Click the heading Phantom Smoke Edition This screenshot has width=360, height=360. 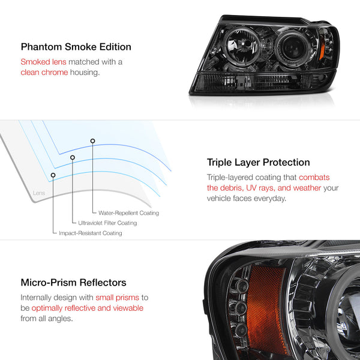coord(76,47)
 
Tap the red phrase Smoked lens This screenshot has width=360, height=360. coord(43,62)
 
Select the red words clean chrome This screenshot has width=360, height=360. coord(44,73)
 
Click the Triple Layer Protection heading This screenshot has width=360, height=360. coord(258,163)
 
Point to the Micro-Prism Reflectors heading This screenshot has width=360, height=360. coord(73,283)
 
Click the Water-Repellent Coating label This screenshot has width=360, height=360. coord(128,213)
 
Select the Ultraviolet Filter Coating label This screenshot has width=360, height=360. coord(107,223)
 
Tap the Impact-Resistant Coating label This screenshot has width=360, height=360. coord(91,233)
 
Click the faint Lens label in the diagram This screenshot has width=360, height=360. coord(39,193)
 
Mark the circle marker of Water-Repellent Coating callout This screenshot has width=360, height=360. coord(92,141)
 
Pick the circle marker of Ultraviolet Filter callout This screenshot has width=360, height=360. coord(73,157)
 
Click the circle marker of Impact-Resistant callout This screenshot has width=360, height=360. coord(53,175)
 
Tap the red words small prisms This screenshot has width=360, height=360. coord(118,298)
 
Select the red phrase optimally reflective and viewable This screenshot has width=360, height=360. coord(88,308)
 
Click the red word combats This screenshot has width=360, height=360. coord(314,177)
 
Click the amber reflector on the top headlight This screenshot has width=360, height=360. coord(322,48)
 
